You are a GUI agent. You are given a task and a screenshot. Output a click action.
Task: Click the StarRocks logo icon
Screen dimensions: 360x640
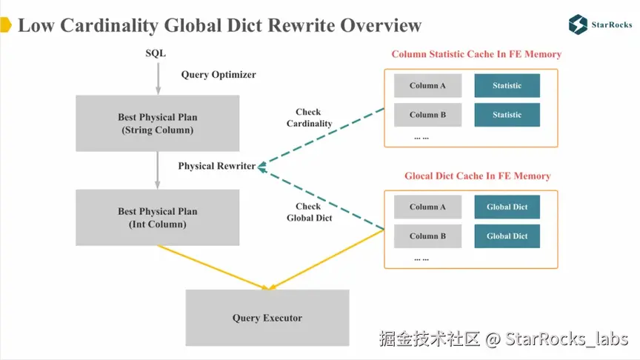tap(578, 24)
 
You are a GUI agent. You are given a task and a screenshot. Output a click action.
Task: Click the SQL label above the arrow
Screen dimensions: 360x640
tap(156, 53)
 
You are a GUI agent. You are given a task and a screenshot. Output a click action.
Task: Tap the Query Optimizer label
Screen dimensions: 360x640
tap(219, 75)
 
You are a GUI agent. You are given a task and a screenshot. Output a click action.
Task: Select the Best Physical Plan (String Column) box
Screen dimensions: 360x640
tap(158, 123)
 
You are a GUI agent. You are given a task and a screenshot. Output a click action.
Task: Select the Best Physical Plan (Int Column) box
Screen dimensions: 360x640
tap(158, 217)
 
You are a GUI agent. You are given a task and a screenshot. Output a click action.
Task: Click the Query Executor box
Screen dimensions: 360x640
tap(267, 318)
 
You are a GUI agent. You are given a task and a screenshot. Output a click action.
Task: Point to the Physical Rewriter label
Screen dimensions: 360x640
tap(216, 166)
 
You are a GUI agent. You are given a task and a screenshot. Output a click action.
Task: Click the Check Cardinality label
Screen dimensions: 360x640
tap(309, 118)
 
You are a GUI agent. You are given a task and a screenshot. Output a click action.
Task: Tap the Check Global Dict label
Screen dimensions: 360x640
tap(309, 212)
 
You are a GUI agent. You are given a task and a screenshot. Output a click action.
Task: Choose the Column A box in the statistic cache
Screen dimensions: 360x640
tap(427, 86)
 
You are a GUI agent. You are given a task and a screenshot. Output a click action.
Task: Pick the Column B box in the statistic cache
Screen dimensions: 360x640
tap(427, 115)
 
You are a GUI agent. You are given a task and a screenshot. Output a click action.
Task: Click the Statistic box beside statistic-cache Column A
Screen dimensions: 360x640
tap(507, 86)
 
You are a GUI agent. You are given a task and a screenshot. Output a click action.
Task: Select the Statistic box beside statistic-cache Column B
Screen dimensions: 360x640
tap(507, 115)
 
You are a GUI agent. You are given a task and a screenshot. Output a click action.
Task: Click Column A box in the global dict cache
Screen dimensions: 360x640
tap(427, 207)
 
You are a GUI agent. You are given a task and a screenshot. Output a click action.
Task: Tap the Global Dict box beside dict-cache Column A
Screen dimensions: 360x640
tap(507, 207)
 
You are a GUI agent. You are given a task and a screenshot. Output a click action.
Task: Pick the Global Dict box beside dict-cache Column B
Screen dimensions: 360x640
tap(507, 236)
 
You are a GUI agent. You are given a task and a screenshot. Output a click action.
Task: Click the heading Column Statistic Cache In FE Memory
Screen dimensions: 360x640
tap(476, 54)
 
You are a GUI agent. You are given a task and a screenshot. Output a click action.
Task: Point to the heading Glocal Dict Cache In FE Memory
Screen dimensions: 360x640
tap(477, 176)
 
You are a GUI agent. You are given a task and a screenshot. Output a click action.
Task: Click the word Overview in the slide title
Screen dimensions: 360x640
tap(381, 25)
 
